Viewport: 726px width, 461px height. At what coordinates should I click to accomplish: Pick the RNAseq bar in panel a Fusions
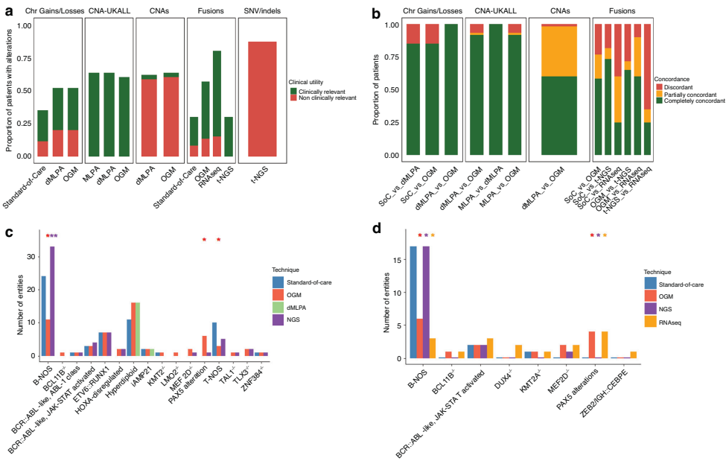click(217, 104)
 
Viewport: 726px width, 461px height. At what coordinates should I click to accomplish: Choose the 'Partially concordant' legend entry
click(684, 95)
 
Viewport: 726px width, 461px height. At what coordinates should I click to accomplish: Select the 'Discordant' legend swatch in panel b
click(657, 87)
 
